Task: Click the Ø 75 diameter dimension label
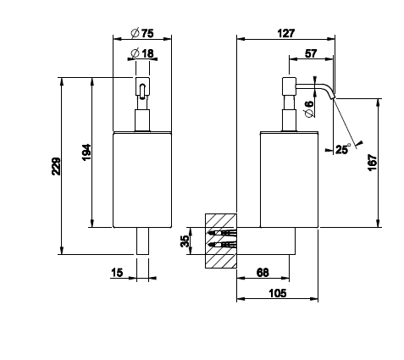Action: pyautogui.click(x=142, y=33)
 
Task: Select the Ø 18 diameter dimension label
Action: pyautogui.click(x=142, y=53)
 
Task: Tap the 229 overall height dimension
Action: pyautogui.click(x=56, y=166)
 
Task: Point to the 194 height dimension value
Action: pyautogui.click(x=86, y=152)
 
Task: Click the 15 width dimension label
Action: pyautogui.click(x=117, y=273)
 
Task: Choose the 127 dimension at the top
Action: pyautogui.click(x=285, y=33)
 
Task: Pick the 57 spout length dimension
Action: pyautogui.click(x=311, y=53)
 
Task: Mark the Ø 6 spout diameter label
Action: pyautogui.click(x=309, y=108)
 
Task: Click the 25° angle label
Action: pyautogui.click(x=343, y=149)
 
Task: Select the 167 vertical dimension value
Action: pyautogui.click(x=373, y=163)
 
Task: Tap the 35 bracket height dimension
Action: pyautogui.click(x=185, y=241)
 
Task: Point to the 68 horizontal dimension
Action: pyautogui.click(x=263, y=273)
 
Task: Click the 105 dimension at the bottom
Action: pyautogui.click(x=278, y=293)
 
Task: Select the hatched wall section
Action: pyautogui.click(x=221, y=241)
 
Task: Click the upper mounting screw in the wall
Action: pyautogui.click(x=222, y=233)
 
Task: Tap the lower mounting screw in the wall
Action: pyautogui.click(x=222, y=244)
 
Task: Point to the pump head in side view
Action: pyautogui.click(x=289, y=86)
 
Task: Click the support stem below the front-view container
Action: pyautogui.click(x=142, y=241)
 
